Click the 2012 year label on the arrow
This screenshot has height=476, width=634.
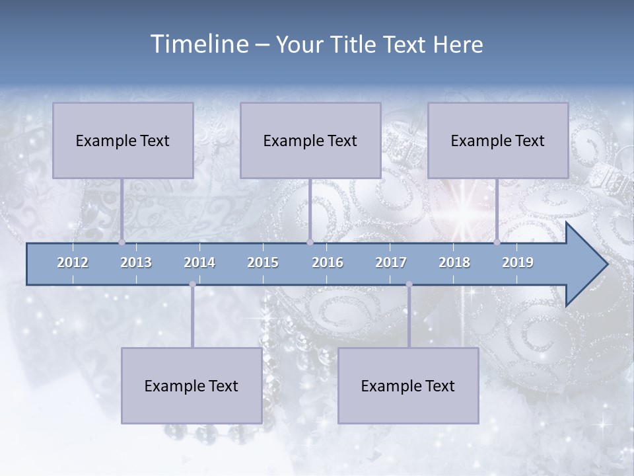pos(73,262)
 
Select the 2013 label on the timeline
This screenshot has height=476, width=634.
pos(136,262)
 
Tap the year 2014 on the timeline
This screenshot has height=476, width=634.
pos(199,262)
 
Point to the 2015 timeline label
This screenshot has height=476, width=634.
pos(263,262)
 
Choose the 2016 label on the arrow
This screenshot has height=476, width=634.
pos(328,262)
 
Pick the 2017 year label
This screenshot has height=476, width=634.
pos(391,262)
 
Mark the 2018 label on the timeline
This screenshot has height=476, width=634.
pos(454,262)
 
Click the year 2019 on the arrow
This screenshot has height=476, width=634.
pos(518,262)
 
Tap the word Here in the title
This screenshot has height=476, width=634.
pos(458,45)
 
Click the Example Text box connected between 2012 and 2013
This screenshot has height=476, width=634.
pos(123,140)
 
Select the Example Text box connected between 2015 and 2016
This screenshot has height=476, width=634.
pos(310,140)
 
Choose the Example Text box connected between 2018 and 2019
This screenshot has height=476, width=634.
pos(498,140)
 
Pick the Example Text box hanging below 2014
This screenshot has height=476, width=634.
pos(192,385)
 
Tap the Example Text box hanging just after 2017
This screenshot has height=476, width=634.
pos(408,385)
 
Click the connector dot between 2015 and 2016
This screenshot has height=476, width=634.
pos(310,242)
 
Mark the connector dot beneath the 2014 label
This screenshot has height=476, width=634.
pos(192,284)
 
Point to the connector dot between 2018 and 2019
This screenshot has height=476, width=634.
pos(497,242)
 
